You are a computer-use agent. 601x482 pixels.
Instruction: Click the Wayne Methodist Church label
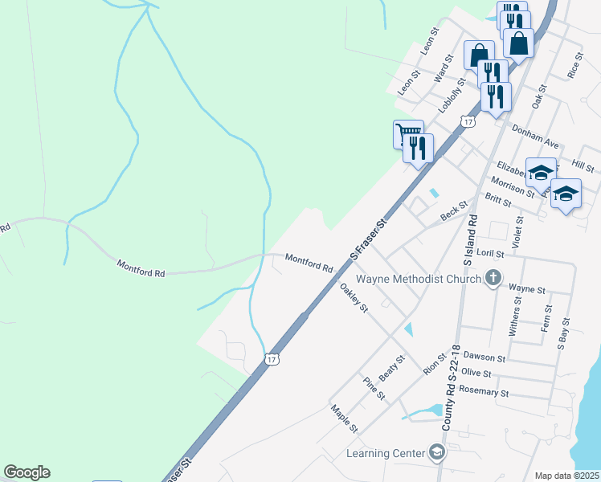pos(418,280)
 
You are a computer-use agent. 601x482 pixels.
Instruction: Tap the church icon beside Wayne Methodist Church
pos(493,279)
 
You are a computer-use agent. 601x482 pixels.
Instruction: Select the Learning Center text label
pos(385,453)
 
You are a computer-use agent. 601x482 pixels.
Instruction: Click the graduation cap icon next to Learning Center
pos(436,453)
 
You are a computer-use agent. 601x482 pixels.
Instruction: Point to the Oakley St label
pos(354,296)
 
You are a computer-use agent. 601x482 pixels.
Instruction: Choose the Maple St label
pos(344,418)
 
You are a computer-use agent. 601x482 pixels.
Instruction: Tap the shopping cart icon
pos(407,133)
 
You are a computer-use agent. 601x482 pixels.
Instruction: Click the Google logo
pos(27,472)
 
